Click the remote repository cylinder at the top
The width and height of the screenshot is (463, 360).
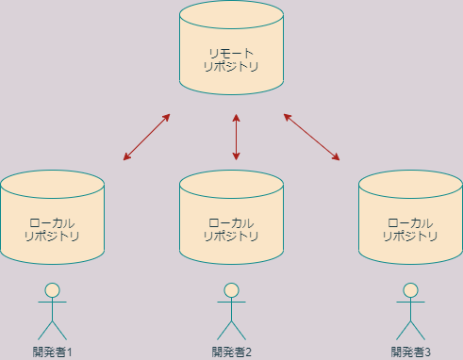click(x=231, y=52)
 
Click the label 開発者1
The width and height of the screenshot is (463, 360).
click(x=53, y=352)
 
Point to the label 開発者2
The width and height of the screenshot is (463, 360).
click(x=232, y=352)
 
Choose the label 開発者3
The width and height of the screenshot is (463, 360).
click(x=410, y=352)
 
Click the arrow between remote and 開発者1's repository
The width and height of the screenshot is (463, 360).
click(x=146, y=138)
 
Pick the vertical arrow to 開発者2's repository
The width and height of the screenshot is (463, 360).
click(x=236, y=138)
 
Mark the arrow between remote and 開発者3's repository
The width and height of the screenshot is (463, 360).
click(x=312, y=137)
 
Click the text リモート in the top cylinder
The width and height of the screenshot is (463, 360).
click(x=231, y=53)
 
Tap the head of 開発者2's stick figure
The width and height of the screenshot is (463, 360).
click(x=232, y=290)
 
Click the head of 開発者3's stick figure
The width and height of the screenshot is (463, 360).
click(x=410, y=290)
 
